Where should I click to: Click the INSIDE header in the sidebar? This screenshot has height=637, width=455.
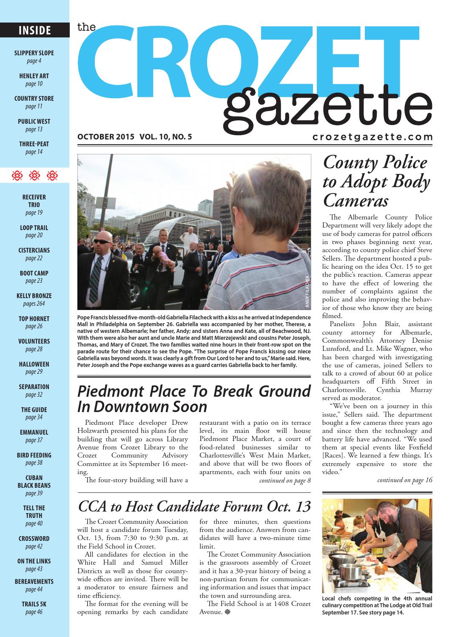click(x=34, y=31)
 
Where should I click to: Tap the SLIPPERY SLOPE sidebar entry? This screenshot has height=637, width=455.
click(x=34, y=53)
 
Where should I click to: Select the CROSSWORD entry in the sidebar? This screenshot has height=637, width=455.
click(x=34, y=538)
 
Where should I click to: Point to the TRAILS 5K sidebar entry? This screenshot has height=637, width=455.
click(x=34, y=604)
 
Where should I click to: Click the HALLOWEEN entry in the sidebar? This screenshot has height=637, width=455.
click(x=34, y=364)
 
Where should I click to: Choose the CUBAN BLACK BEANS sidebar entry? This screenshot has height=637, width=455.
click(x=34, y=481)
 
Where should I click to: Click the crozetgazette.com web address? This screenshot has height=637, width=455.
click(x=372, y=137)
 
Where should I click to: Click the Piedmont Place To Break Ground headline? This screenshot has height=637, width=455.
click(x=194, y=398)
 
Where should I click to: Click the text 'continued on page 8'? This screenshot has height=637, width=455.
click(x=285, y=481)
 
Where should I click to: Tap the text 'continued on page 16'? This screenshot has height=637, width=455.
click(x=404, y=480)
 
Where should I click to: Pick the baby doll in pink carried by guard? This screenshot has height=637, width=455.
click(x=162, y=262)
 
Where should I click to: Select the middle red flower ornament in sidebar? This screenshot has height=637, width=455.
click(x=34, y=175)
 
